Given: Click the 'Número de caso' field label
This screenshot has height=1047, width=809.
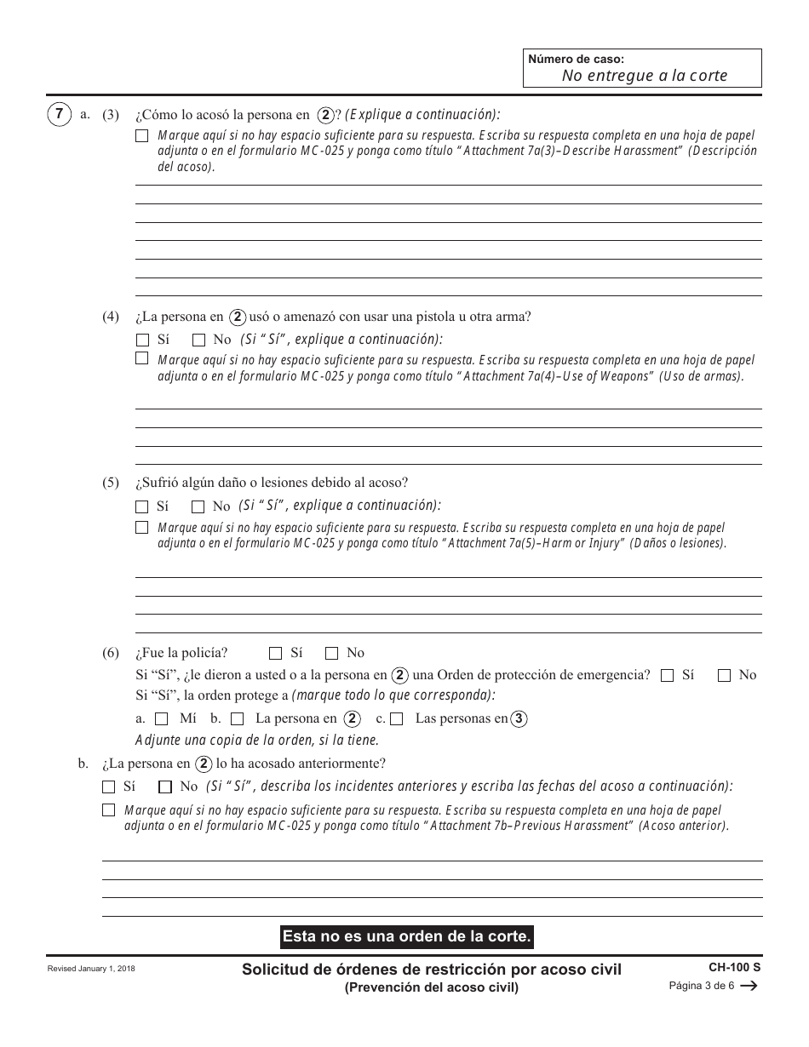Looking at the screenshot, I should (576, 60).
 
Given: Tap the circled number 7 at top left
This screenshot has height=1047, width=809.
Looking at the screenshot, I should (58, 114).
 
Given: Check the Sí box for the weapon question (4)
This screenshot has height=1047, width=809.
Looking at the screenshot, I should (142, 340).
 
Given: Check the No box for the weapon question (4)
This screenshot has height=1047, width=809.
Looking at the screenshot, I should (198, 340).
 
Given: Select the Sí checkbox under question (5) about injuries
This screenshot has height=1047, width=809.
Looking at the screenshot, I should (142, 506).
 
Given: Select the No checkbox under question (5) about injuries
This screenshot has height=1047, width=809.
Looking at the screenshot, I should (198, 506).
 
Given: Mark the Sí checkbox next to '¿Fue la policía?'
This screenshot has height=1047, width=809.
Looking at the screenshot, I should (275, 654).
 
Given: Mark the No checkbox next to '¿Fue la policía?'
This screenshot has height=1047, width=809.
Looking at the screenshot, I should (332, 654).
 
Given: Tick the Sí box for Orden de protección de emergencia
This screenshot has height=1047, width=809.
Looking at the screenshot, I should (668, 676).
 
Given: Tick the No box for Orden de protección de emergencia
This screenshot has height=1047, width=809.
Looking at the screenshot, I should (725, 676).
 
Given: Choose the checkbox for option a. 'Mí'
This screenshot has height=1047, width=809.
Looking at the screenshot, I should (162, 719).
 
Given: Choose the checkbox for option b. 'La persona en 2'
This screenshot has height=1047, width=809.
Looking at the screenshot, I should (238, 719).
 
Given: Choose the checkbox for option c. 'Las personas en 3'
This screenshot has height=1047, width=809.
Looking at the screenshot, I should (397, 719).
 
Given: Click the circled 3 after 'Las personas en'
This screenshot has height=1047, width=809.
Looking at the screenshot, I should (519, 718).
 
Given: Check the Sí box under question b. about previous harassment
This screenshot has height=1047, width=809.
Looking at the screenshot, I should (108, 787).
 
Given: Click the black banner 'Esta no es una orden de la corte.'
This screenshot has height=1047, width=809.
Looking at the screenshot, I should (407, 936).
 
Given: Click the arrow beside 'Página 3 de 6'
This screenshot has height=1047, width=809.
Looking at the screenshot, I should (749, 987).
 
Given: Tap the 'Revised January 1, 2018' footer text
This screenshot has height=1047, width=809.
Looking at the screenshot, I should (91, 970).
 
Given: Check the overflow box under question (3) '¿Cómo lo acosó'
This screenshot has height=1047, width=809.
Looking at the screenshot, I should (142, 135).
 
